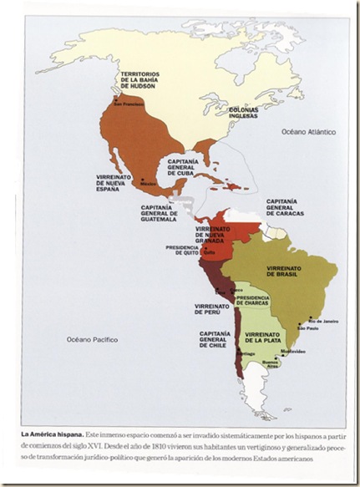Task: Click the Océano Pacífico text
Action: click(x=93, y=339)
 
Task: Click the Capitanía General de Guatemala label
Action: click(x=156, y=215)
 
